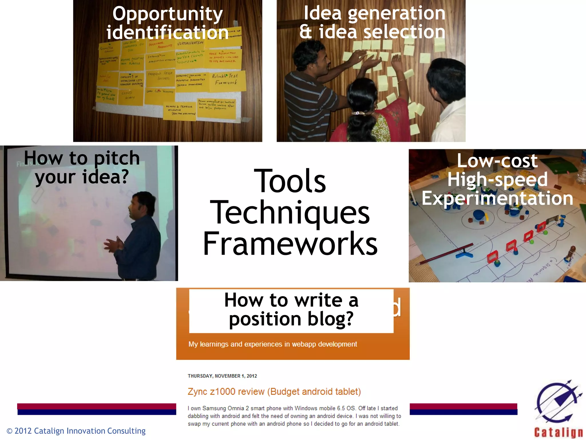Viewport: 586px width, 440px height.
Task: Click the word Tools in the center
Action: click(x=290, y=181)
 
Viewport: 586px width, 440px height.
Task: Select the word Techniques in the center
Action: click(x=290, y=213)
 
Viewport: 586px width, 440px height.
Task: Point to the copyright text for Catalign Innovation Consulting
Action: click(x=76, y=431)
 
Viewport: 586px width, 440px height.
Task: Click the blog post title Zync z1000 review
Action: click(x=274, y=392)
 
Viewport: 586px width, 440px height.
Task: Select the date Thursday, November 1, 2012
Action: click(x=222, y=376)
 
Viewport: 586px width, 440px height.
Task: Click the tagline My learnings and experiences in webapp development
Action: click(x=272, y=344)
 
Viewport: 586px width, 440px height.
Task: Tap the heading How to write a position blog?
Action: click(x=291, y=309)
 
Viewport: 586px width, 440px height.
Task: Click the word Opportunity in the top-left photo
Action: click(x=167, y=14)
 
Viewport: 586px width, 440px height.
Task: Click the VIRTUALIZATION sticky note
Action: click(x=190, y=43)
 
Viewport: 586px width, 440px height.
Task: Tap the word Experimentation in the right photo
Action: click(x=497, y=198)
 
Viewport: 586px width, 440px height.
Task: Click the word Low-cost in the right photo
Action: click(x=497, y=161)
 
